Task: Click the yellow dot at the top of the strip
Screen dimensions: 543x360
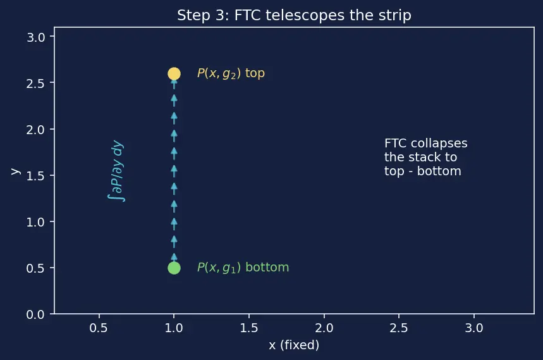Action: (174, 73)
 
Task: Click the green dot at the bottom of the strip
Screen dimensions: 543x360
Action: (174, 268)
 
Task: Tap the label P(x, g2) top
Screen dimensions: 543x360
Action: (231, 73)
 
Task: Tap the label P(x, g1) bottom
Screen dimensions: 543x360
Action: (243, 268)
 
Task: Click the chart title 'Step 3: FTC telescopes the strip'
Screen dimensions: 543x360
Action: (294, 15)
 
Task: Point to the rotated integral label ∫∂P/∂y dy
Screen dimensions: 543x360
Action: (116, 170)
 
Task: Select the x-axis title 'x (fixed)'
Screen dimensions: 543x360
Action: (294, 345)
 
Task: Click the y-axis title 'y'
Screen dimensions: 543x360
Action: (16, 171)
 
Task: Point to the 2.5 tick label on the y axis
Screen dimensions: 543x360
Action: (35, 84)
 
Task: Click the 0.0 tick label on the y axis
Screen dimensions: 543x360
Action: (35, 314)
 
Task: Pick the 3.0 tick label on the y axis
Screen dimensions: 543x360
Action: (35, 37)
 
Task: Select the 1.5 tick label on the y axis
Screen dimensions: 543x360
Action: (35, 176)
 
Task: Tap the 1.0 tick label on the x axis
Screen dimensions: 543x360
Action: (174, 328)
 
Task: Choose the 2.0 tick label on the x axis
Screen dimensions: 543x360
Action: (324, 328)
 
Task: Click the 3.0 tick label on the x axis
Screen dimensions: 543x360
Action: (474, 328)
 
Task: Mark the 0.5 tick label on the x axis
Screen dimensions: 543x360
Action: (99, 328)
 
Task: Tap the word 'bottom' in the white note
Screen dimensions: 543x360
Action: (439, 171)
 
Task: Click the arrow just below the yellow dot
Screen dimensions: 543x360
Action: (174, 85)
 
